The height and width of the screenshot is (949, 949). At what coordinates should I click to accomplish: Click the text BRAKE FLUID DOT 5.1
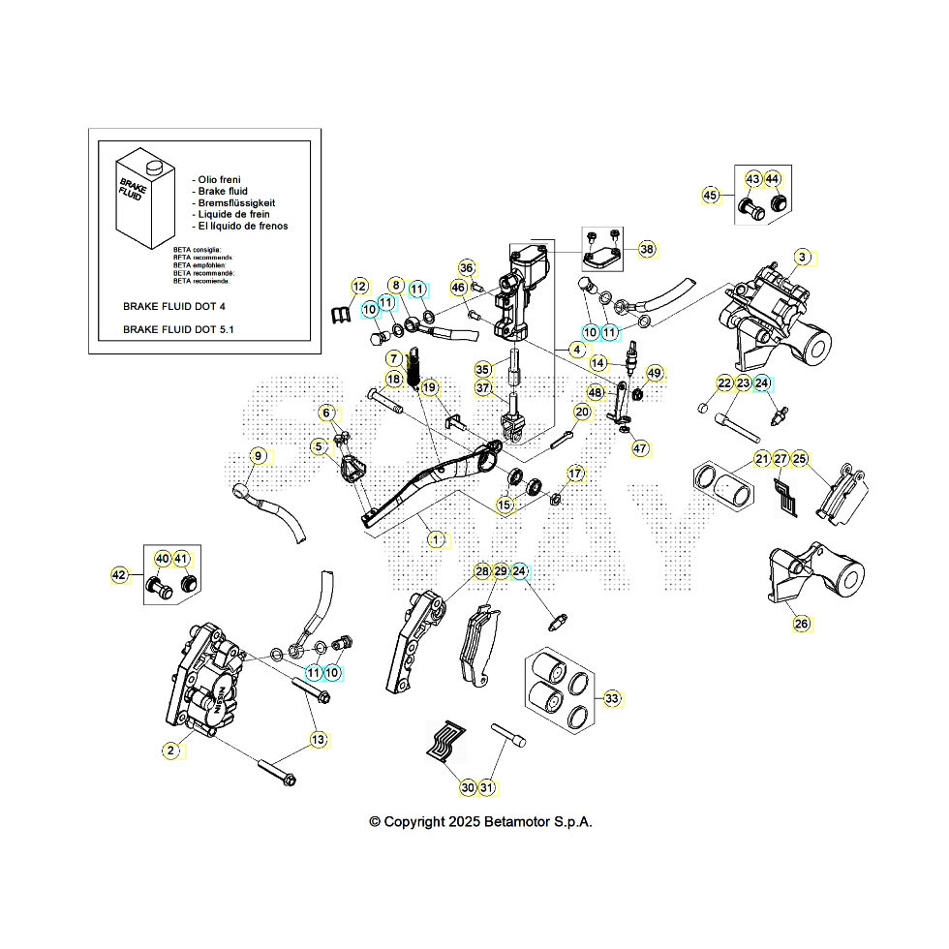[178, 329]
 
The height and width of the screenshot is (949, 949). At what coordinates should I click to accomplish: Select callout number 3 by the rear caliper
[802, 257]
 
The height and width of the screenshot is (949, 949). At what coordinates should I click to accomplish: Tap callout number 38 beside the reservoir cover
[647, 249]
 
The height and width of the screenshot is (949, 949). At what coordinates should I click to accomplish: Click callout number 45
[710, 196]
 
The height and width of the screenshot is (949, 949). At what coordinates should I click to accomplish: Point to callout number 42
[120, 575]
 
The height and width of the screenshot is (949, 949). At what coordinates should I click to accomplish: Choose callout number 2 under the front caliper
[171, 750]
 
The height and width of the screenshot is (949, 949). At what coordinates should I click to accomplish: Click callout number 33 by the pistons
[612, 697]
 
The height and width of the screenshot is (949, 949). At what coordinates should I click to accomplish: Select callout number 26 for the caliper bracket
[801, 625]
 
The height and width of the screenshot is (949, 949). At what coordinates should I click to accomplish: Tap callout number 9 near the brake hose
[258, 455]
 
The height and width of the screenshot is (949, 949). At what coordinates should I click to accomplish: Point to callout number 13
[318, 740]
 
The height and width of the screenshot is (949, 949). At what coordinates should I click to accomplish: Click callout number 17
[576, 474]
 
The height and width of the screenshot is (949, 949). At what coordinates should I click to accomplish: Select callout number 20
[581, 413]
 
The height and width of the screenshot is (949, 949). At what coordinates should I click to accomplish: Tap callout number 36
[467, 268]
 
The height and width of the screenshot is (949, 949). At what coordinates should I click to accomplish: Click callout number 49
[655, 373]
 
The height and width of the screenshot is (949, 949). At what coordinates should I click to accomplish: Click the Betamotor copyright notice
[480, 821]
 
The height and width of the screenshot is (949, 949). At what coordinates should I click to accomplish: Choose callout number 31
[487, 788]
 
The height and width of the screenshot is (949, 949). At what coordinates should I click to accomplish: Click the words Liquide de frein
[232, 214]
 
